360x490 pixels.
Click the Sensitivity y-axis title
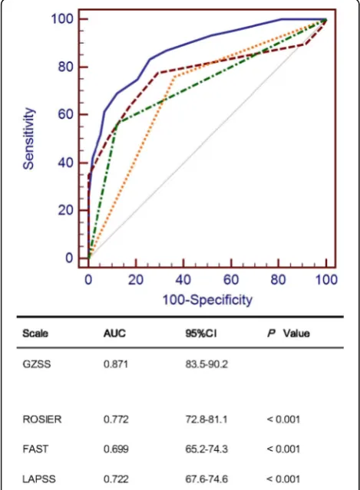(x=28, y=139)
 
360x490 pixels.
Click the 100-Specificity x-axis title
(x=207, y=300)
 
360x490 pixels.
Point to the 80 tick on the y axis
(x=65, y=67)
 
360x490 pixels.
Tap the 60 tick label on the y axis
(x=65, y=114)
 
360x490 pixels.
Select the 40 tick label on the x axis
(x=183, y=279)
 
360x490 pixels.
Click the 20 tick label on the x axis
(x=136, y=279)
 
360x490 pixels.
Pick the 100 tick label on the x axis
(x=326, y=279)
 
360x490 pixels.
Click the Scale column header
(x=35, y=334)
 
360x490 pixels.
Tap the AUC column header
(x=114, y=334)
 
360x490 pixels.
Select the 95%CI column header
(x=201, y=334)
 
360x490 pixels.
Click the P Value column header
(x=289, y=334)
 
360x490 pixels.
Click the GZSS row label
(x=37, y=364)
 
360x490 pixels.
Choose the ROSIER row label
(x=42, y=419)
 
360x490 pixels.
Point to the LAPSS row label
(x=39, y=478)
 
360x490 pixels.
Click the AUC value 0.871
(x=116, y=364)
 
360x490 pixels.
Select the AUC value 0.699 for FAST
(x=116, y=449)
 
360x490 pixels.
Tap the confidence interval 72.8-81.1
(x=206, y=419)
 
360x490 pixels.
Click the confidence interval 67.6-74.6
(x=206, y=478)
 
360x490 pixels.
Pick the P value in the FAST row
(x=283, y=449)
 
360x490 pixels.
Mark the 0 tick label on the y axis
(x=69, y=258)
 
